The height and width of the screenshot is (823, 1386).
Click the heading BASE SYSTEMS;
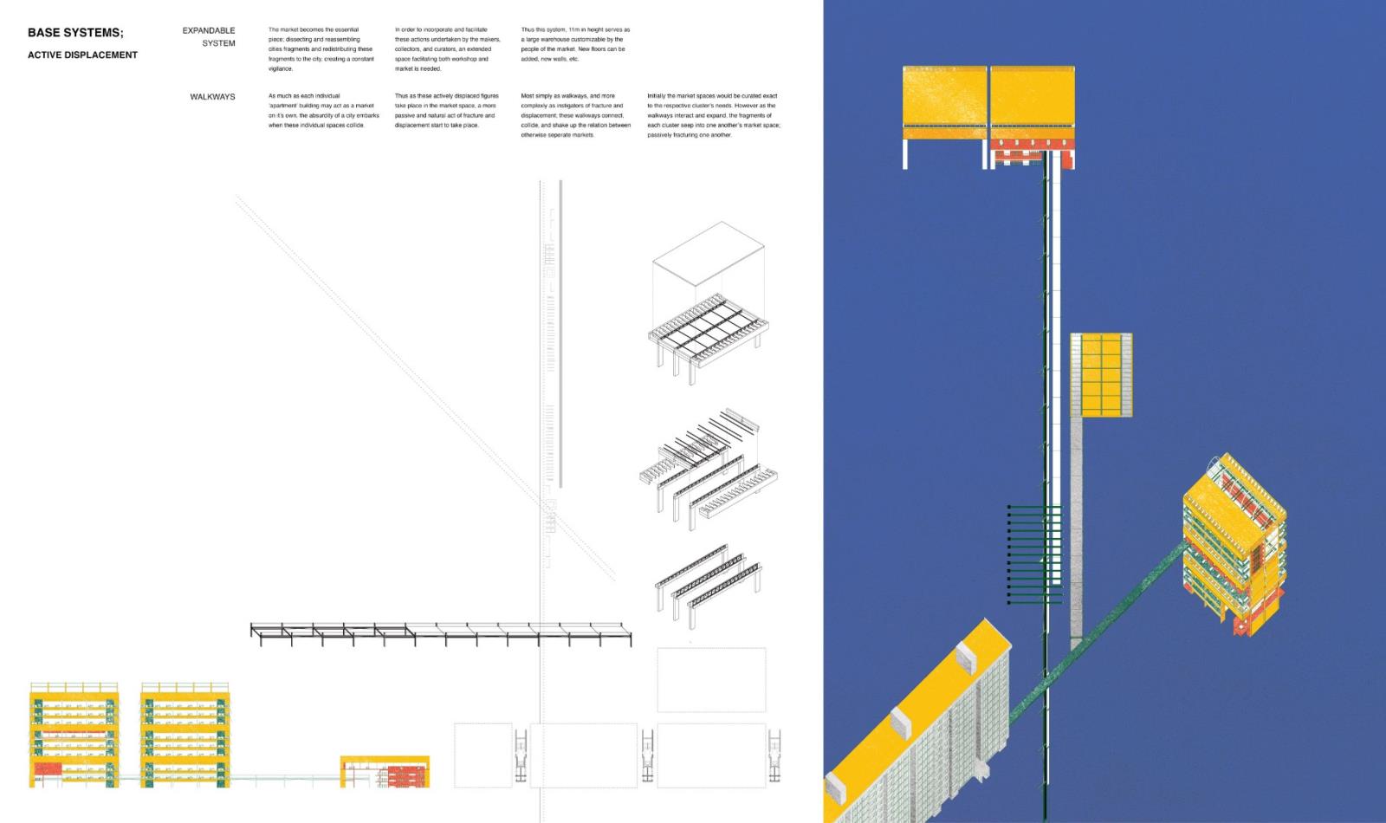click(x=75, y=33)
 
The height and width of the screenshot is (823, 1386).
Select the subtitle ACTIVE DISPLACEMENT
click(x=82, y=55)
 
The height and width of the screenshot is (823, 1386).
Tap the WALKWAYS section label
click(x=212, y=97)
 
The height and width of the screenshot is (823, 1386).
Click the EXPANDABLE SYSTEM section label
click(x=209, y=36)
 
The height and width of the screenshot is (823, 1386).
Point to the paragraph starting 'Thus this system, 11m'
click(x=575, y=44)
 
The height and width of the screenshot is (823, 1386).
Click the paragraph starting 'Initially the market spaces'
click(x=712, y=115)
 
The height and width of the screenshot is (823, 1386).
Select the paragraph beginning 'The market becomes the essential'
click(x=321, y=49)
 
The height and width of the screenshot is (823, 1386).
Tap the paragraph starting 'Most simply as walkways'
click(x=575, y=115)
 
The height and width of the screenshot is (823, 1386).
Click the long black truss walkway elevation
click(x=440, y=633)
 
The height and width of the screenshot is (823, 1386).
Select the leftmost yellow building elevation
click(x=74, y=735)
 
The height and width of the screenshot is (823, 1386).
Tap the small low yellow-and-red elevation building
click(x=385, y=771)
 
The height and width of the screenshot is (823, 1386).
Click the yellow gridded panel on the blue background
click(x=1101, y=375)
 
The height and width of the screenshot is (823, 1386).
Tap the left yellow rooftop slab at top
click(x=944, y=102)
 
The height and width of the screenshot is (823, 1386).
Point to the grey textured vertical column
click(x=1076, y=528)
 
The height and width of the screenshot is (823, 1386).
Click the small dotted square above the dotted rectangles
click(x=711, y=680)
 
